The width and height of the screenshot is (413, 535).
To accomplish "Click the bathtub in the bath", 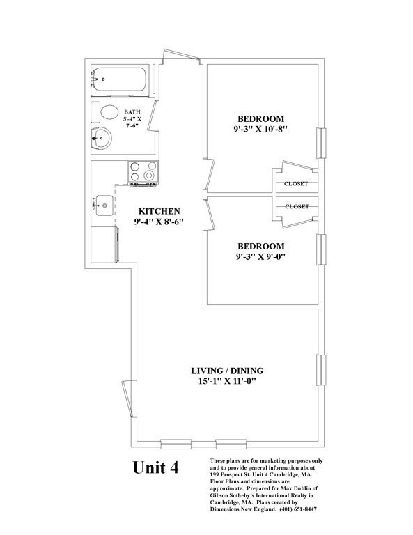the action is pos(119,79).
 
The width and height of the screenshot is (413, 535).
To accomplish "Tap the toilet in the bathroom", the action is pos(105,112).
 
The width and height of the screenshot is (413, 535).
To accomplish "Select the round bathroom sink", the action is pos(101,138).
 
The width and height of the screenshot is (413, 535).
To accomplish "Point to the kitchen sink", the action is pos(104,206).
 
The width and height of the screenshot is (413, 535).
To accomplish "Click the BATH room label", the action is pos(132,112).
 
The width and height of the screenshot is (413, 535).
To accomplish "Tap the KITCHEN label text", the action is pos(159,211).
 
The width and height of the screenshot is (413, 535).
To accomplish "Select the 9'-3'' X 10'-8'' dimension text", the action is pos(261,130).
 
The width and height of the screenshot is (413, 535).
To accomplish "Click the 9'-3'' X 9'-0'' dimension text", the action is pos(261,256).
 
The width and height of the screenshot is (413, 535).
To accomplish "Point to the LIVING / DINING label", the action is pos(227,371).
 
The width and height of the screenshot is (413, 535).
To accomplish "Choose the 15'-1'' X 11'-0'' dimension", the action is pos(227,381).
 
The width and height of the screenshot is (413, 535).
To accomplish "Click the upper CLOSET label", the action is pos(296,184).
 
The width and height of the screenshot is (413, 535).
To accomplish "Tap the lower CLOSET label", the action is pos(297,206).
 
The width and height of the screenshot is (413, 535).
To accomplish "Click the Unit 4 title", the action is pos(155,467).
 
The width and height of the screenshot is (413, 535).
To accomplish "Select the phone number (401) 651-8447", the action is pos(298,509).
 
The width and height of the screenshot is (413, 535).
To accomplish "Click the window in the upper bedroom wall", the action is pos(321,144).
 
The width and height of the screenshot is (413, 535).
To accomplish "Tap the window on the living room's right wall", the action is pos(321,370).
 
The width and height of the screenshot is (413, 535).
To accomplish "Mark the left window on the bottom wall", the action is pos(176,444).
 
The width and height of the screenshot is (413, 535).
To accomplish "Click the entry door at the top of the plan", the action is pos(182,56).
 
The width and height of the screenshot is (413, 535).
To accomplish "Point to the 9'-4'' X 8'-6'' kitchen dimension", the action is pos(159,222).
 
